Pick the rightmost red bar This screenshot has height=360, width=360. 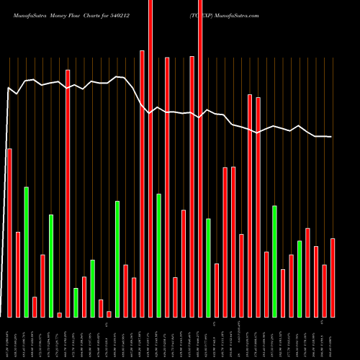click(x=333, y=277)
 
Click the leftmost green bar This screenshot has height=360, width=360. click(x=26, y=252)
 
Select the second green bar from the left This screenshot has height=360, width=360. click(x=51, y=266)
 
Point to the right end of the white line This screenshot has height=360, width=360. click(x=331, y=137)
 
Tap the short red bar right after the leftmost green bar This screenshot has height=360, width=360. click(x=35, y=307)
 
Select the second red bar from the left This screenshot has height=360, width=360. click(x=18, y=274)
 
